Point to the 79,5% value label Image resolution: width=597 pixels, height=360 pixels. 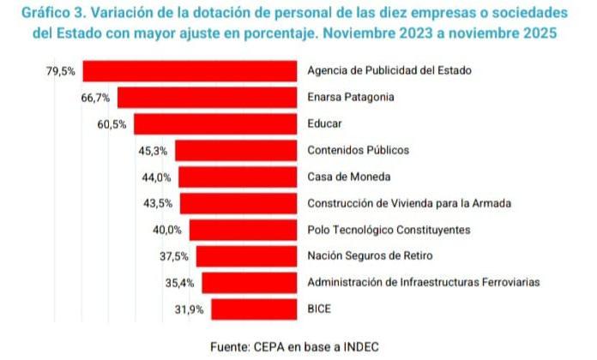coord(61,71)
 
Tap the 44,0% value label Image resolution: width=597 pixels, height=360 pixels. coord(156,177)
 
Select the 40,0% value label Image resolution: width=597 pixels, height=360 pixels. coord(167,230)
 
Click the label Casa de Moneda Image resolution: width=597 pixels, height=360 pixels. coord(348,177)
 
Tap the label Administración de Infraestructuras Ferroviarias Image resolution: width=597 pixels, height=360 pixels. coord(423,283)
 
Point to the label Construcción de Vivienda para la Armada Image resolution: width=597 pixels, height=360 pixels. coord(408,204)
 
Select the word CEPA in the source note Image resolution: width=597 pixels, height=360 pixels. coord(271,346)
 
